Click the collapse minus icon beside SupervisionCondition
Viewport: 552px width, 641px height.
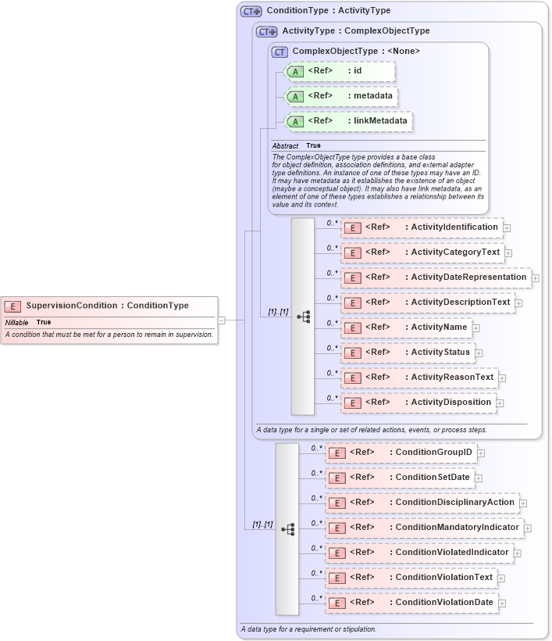[222, 320]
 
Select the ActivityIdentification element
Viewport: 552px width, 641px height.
[422, 227]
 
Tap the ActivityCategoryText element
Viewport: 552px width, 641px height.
[422, 252]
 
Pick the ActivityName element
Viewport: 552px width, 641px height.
[406, 328]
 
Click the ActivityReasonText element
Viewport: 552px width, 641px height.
[419, 378]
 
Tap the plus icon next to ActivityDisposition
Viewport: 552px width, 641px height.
[500, 403]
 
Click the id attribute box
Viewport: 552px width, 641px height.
[340, 71]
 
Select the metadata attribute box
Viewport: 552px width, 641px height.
[340, 96]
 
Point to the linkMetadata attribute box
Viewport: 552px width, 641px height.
[347, 121]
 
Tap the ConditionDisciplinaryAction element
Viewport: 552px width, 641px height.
[422, 503]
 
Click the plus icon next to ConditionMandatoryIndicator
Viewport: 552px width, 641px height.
[528, 528]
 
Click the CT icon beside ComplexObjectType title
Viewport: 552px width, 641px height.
[280, 52]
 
